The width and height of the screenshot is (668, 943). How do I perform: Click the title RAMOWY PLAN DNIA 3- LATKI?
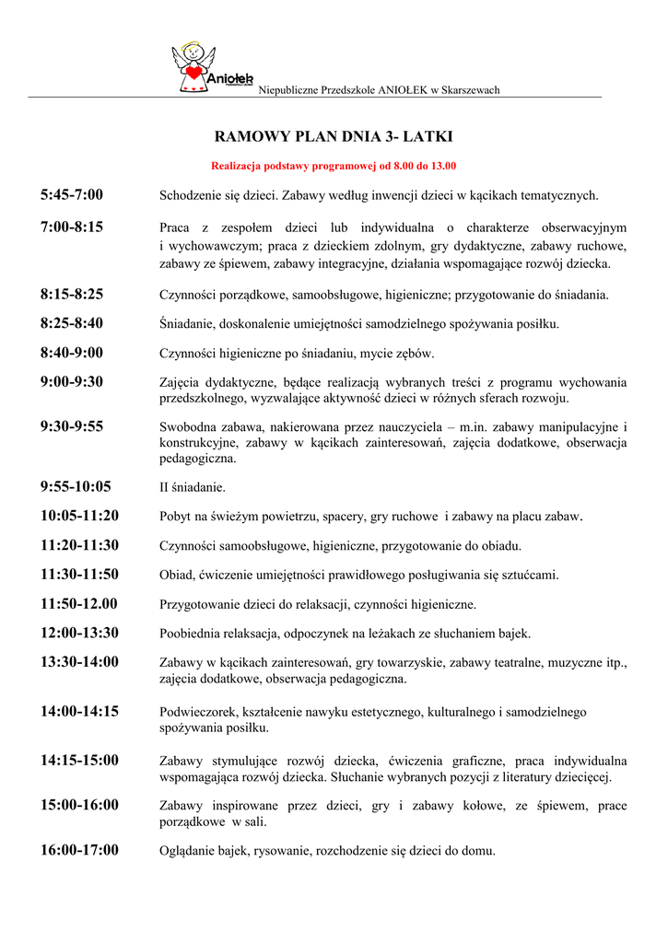coord(334,137)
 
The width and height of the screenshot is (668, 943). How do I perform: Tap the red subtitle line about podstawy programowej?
coord(334,167)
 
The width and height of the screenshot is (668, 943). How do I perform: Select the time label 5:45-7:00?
coord(72,194)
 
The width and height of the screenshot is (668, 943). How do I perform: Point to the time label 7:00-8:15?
coord(72,227)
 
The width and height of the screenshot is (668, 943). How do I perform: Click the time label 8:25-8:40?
coord(72,323)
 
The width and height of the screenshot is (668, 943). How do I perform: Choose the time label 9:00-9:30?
coord(72,381)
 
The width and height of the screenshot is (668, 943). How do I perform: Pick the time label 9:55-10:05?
coord(76,486)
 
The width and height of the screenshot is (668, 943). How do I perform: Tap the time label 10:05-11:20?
coord(79,516)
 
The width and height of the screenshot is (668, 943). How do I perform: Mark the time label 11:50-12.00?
coord(79,604)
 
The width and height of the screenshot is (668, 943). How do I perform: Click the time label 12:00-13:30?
coord(79,633)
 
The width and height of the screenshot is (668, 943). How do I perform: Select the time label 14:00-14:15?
coord(79,711)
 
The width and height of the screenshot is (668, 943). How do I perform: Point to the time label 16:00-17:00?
coord(79,850)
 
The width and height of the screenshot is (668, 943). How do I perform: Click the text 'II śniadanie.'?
coord(193,487)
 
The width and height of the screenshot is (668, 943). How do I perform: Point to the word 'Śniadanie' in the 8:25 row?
coord(186,324)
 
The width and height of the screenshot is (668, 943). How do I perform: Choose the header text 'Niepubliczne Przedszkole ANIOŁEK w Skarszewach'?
coord(379,89)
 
